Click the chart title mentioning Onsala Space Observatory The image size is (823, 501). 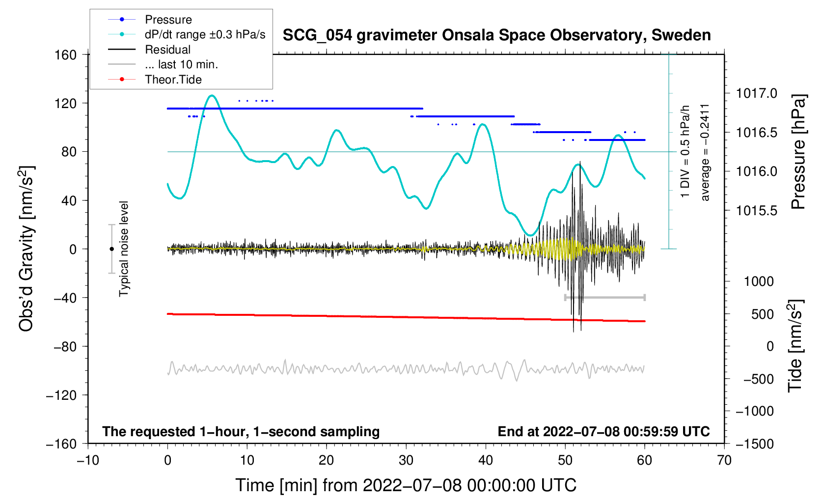point(496,35)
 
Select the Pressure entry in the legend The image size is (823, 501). point(168,20)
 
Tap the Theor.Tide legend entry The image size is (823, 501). point(173,80)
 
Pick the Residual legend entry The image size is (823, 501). point(167,50)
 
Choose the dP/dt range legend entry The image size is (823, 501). point(205,34)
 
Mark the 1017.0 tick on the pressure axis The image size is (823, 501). point(756,93)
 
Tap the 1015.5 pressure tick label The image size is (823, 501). point(756,211)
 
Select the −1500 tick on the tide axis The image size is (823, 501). point(754,444)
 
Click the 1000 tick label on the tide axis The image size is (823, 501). point(759,281)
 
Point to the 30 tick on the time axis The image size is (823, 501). point(406,460)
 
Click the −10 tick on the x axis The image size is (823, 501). point(88,460)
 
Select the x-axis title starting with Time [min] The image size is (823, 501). point(406,485)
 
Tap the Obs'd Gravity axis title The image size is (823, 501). point(27,249)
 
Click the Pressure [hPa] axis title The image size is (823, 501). point(798,152)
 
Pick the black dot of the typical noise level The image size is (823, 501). point(111,249)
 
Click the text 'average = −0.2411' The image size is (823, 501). point(705,152)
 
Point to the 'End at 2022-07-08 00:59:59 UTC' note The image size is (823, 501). point(604,432)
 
